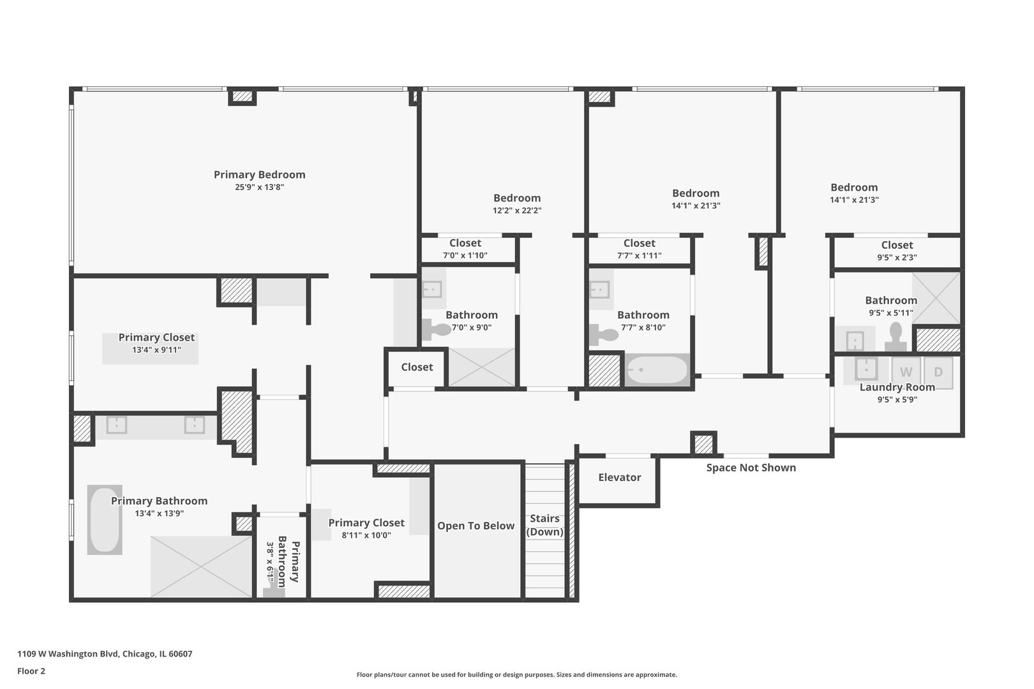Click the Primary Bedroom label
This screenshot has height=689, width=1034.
(259, 175)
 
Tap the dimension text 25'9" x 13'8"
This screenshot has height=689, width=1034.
(259, 188)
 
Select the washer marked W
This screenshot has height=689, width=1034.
(906, 372)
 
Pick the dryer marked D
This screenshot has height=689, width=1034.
(938, 372)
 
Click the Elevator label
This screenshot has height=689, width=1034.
(619, 477)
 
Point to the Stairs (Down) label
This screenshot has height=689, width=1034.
(544, 525)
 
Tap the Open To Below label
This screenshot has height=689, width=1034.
(476, 526)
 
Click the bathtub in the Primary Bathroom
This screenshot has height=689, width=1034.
(105, 520)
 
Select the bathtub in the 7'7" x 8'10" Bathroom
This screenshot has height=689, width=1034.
(657, 369)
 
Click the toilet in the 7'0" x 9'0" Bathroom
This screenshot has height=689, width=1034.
(437, 330)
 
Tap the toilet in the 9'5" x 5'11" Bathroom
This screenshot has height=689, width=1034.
(895, 336)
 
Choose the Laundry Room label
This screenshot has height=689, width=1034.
(897, 387)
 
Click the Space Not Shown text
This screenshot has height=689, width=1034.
(751, 468)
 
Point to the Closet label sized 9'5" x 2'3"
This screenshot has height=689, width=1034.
(897, 245)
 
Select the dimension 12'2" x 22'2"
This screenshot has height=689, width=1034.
(516, 211)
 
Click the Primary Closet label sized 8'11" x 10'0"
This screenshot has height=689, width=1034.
(366, 523)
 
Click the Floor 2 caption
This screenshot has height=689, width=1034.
(31, 671)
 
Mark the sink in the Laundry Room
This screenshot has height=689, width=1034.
(866, 368)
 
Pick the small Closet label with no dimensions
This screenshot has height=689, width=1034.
(417, 367)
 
